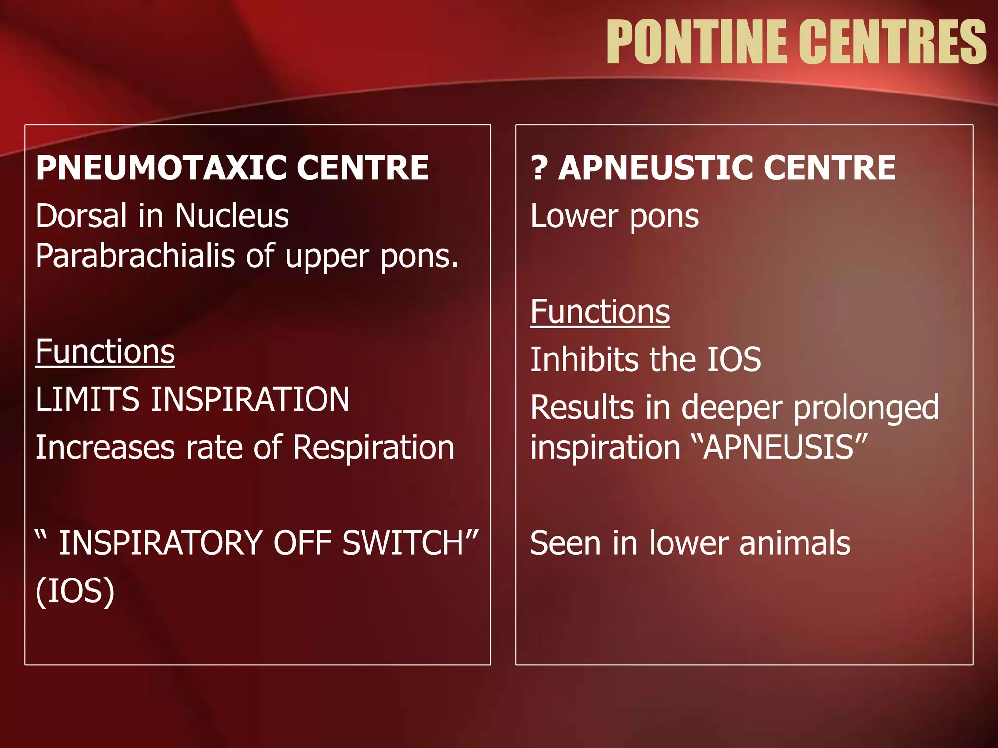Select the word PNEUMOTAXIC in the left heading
tap(161, 168)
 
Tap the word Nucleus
tap(231, 216)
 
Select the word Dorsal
tap(81, 216)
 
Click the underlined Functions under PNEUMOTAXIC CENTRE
tap(105, 352)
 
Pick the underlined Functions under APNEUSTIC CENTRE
tap(599, 312)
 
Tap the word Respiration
tap(373, 447)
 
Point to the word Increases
tap(105, 447)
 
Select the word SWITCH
tap(409, 543)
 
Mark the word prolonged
tap(865, 408)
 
